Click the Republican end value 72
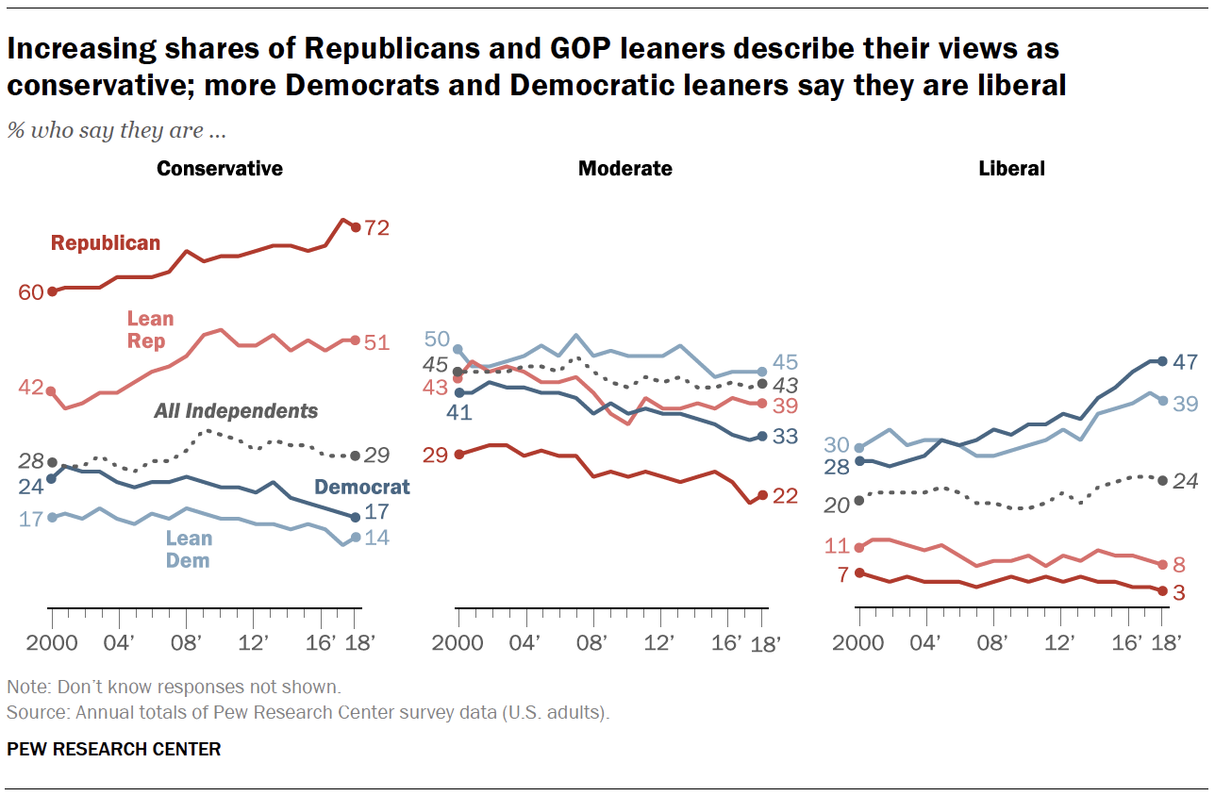[377, 227]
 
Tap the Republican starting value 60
[31, 292]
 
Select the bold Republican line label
[106, 243]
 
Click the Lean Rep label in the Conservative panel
[151, 330]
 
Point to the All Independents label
[236, 411]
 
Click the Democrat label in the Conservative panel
[362, 487]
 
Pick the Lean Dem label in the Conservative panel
[189, 549]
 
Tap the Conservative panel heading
[220, 169]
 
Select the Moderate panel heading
[625, 169]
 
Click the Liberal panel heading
[1012, 169]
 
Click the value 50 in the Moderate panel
[436, 340]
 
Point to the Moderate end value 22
[785, 496]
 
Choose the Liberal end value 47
[1185, 361]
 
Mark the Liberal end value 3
[1178, 592]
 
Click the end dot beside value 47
[1162, 361]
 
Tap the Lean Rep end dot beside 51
[356, 340]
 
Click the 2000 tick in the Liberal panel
[858, 643]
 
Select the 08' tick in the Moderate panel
[591, 643]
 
